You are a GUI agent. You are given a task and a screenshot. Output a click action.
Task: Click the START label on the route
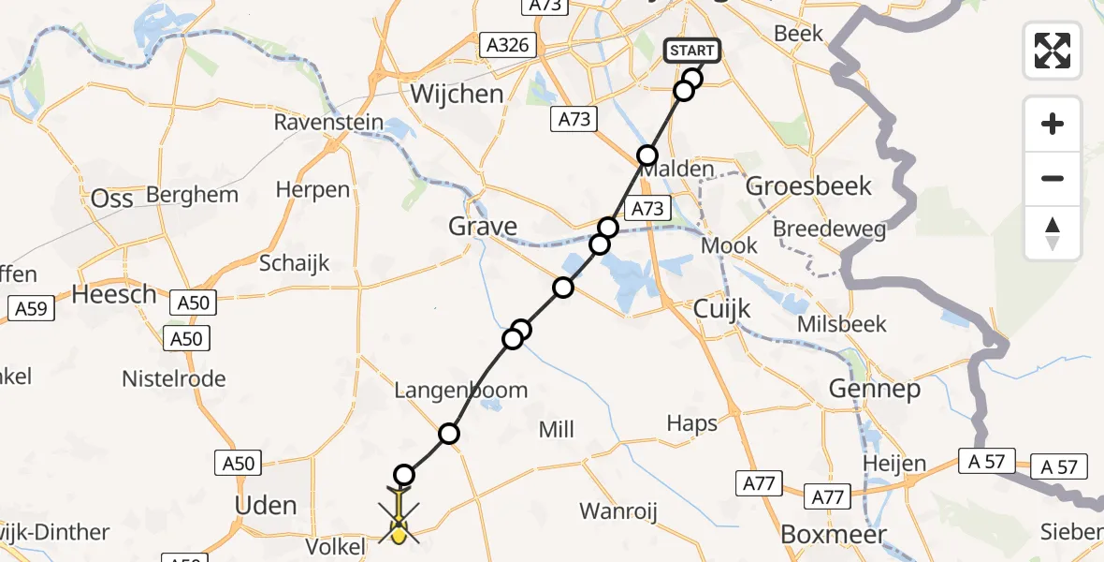tap(692, 51)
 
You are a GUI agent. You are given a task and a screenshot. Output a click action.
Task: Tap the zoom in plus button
tap(1053, 124)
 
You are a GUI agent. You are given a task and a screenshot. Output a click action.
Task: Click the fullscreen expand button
tap(1053, 51)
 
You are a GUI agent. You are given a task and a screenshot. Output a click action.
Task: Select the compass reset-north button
tap(1053, 233)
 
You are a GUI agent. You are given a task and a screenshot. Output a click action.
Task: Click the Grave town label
tap(483, 227)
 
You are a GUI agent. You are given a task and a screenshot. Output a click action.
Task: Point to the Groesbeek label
tap(808, 186)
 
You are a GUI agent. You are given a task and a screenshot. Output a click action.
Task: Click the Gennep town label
tap(879, 388)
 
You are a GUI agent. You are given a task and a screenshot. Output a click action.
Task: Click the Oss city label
tap(113, 199)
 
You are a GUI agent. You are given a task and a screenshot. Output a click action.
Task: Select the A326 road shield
tap(508, 45)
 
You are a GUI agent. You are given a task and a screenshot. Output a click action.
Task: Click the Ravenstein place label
tap(328, 123)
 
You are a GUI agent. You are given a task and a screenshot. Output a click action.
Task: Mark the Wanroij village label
tap(618, 511)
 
